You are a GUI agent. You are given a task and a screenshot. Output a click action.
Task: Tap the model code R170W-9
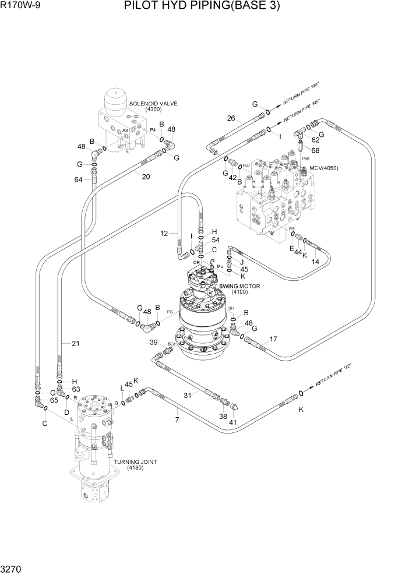tap(20, 7)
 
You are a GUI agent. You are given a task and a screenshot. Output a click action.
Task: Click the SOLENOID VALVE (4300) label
tap(153, 107)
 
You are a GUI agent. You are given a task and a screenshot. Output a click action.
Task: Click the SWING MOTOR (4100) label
tap(239, 289)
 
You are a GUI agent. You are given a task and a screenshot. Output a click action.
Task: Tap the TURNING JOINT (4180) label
tap(135, 464)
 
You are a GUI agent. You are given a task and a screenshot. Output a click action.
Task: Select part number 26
tap(231, 118)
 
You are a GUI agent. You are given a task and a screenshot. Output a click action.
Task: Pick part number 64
tap(79, 179)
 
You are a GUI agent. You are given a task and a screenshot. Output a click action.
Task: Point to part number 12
tap(165, 234)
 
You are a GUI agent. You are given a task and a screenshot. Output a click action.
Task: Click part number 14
tap(315, 262)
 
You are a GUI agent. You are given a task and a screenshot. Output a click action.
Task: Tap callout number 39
tap(154, 342)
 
